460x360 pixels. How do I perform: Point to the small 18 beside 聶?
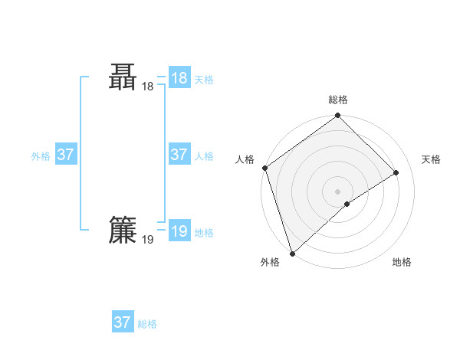point(148,87)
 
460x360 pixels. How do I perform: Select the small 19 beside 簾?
point(148,240)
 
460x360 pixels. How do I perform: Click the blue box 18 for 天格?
point(179,78)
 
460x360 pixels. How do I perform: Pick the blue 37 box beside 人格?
point(179,155)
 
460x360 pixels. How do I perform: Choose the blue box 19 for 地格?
point(179,231)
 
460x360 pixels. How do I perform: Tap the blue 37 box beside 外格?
point(66,155)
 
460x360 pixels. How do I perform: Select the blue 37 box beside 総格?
point(123,322)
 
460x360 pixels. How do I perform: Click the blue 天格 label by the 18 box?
point(204,80)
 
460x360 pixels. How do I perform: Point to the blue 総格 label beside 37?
point(147,324)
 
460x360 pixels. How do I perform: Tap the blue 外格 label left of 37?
point(41,156)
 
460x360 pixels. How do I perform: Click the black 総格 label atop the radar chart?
point(338,100)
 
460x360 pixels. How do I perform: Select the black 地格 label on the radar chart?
point(402,263)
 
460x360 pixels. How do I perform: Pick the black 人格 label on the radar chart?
point(245,159)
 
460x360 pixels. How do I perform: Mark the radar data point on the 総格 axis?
point(338,116)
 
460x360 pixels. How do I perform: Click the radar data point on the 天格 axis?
point(396,172)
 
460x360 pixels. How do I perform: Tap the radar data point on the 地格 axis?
point(347,204)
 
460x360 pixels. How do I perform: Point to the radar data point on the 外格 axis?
point(292,254)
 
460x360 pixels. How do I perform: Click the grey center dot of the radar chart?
point(338,191)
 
